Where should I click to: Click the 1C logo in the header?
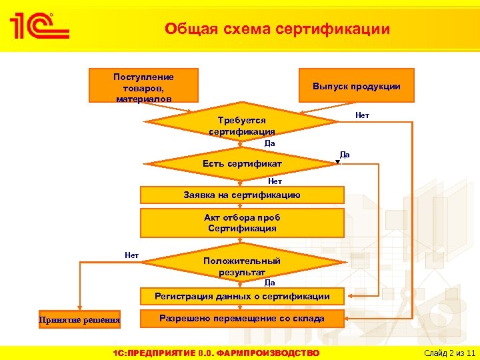[x=39, y=26]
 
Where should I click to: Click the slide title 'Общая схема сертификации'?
[x=277, y=29]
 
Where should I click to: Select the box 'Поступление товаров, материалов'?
[x=143, y=85]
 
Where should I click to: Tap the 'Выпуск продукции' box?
[x=356, y=86]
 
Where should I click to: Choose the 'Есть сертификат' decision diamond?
[x=241, y=163]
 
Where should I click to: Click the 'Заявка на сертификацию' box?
[x=241, y=195]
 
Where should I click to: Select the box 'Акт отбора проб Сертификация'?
[x=241, y=223]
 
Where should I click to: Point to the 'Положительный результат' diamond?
[x=241, y=265]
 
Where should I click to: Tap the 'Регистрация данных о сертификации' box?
[x=241, y=296]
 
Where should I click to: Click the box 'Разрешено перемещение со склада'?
[x=241, y=319]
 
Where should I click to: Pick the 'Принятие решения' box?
[x=79, y=320]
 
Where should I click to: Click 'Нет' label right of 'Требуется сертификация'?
[x=362, y=115]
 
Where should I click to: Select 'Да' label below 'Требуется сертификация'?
[x=269, y=143]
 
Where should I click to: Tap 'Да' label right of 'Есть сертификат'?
[x=344, y=154]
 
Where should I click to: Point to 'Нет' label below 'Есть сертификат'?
[x=275, y=181]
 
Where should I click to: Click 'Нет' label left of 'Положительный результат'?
[x=131, y=255]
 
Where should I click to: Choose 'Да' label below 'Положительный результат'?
[x=269, y=283]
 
